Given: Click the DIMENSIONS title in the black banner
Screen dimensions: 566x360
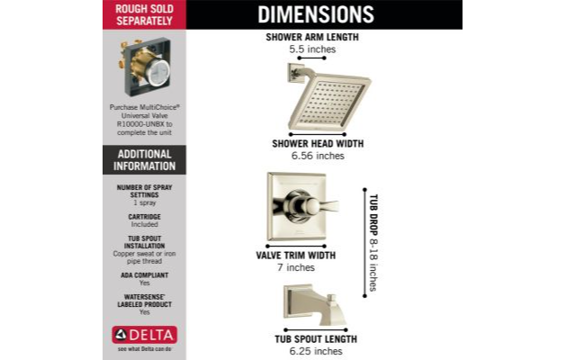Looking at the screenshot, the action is pos(316,14).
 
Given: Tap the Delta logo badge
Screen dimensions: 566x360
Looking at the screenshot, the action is pos(144,335).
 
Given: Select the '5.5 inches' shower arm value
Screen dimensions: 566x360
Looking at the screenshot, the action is pos(312,49).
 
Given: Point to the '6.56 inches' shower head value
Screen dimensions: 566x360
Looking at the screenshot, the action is pos(318,156).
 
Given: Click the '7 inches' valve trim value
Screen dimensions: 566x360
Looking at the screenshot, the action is pos(296,267).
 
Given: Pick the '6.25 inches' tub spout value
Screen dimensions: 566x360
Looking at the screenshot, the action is pos(316,351).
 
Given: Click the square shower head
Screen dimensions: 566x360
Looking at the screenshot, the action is pos(329,101).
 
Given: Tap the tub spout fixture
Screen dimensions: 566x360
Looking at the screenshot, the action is pos(315,305).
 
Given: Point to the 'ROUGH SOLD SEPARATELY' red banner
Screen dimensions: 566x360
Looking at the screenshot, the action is pos(144,14).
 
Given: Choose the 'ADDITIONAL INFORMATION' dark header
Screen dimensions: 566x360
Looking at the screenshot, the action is pos(144,160).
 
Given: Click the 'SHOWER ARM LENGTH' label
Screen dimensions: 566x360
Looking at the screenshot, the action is pos(312,37).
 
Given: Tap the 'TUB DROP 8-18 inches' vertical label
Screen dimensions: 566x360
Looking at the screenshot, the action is pos(373,243).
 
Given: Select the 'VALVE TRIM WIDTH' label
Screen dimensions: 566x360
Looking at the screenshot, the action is pos(296,256).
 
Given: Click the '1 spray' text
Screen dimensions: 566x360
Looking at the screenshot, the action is pos(144,202).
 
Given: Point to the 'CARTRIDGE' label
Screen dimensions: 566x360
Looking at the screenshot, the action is pos(144,217).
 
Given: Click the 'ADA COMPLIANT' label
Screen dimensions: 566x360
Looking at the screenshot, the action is pos(144,275).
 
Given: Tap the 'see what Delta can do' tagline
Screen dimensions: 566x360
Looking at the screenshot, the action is pos(144,349).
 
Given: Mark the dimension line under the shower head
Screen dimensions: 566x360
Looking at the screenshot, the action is pos(318,135).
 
